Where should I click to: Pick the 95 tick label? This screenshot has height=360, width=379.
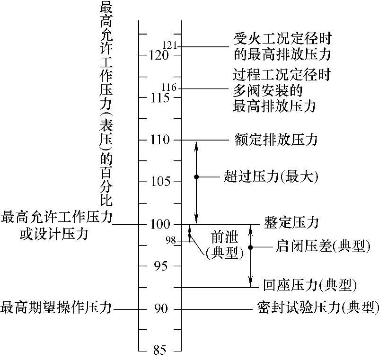click(x=160, y=266)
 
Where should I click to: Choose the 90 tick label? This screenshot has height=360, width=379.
click(x=160, y=309)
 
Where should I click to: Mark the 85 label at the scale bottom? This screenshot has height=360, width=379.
click(x=160, y=351)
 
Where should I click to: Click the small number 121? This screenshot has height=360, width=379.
click(x=169, y=45)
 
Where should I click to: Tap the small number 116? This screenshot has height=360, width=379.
click(x=169, y=87)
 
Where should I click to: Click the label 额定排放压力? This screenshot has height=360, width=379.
click(x=275, y=140)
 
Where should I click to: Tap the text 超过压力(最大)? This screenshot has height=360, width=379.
click(x=271, y=177)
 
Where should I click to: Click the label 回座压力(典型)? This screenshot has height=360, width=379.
click(x=309, y=286)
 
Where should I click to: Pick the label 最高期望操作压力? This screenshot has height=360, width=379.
click(x=56, y=307)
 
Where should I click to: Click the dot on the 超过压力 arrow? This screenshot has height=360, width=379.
click(x=196, y=177)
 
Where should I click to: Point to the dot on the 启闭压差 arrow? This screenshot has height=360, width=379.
click(x=251, y=247)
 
